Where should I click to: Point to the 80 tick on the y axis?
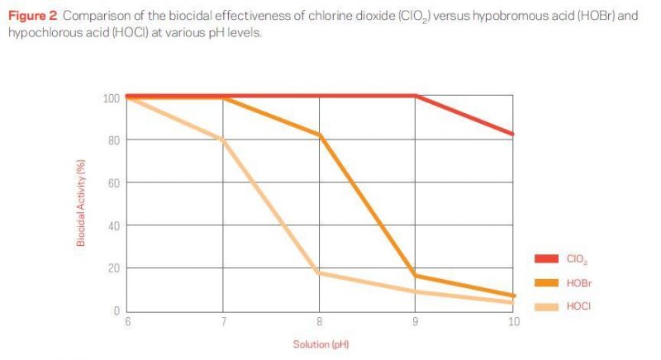tap(114, 140)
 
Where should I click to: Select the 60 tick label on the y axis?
tap(114, 182)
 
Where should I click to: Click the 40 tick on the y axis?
tap(114, 225)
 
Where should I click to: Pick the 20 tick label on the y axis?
tap(114, 268)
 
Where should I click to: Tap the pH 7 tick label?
tap(223, 321)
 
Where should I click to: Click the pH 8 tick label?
tap(320, 321)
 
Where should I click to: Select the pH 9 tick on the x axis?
tap(416, 321)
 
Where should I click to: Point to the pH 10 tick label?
tap(512, 321)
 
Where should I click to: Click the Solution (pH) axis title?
tap(321, 343)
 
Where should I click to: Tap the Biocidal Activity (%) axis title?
tap(81, 204)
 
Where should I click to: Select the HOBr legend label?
tap(578, 283)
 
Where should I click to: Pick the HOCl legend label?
tap(578, 306)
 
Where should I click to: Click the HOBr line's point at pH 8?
tap(320, 135)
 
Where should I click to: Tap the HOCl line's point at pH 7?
tap(223, 140)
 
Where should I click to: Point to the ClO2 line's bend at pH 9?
tap(416, 96)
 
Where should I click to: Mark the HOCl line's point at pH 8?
tap(320, 272)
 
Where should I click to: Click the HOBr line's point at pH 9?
tap(416, 275)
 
